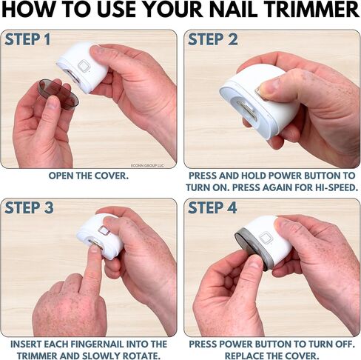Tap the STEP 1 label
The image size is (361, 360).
tap(27, 39)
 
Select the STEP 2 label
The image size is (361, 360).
tap(212, 39)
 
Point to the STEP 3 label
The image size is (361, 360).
tap(29, 207)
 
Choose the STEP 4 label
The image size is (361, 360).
tap(212, 207)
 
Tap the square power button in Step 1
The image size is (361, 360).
tap(84, 66)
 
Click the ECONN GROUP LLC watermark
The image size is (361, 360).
tap(147, 165)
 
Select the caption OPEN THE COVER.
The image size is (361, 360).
tap(89, 176)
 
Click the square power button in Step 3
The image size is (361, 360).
tap(104, 231)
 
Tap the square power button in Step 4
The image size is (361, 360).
tap(266, 239)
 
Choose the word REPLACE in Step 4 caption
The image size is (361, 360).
tap(244, 356)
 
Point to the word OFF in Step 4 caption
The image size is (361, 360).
tap(345, 344)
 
